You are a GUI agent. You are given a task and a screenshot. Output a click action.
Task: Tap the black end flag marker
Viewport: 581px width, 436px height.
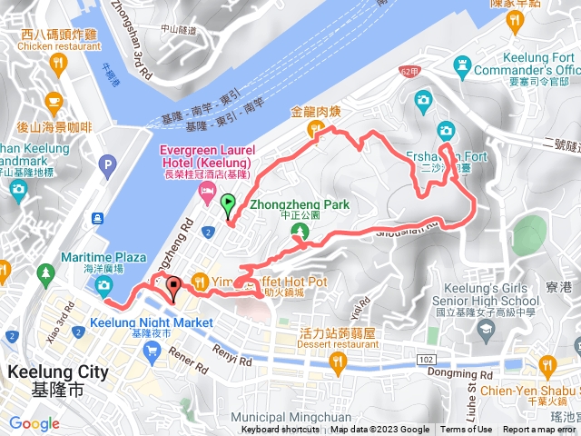pos(173,288)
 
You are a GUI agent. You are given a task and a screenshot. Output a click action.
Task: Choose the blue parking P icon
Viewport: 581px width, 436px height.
pos(110,165)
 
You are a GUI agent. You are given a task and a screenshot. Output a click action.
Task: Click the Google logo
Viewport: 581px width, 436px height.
pos(34,423)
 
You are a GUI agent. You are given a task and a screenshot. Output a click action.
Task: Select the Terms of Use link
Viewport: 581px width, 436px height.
pos(467,430)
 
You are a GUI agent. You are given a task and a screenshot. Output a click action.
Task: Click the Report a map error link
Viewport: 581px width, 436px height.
pos(539,430)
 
